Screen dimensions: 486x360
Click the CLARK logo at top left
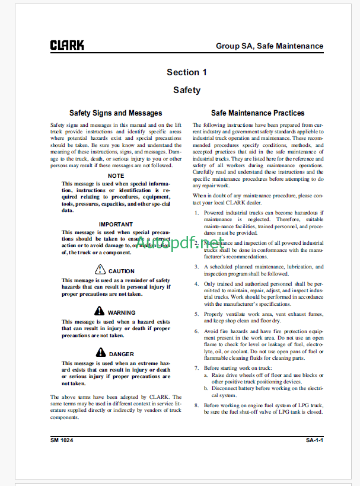[67, 45]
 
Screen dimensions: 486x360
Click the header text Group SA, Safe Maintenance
[269, 46]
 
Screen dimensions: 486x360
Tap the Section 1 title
[187, 72]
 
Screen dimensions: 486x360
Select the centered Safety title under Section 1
[187, 91]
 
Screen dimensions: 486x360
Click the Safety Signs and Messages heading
[116, 113]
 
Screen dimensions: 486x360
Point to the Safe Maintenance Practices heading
[258, 113]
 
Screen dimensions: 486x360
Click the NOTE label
[116, 176]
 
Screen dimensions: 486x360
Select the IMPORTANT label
[116, 225]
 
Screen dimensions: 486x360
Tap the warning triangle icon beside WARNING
[99, 312]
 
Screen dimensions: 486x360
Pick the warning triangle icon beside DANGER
[100, 353]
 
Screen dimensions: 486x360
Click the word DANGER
[122, 354]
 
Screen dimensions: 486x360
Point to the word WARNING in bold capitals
[122, 313]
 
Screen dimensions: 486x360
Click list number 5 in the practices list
[196, 313]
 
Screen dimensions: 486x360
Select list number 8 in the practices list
[196, 405]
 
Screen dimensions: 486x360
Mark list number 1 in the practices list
[196, 212]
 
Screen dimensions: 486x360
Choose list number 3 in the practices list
[196, 267]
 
